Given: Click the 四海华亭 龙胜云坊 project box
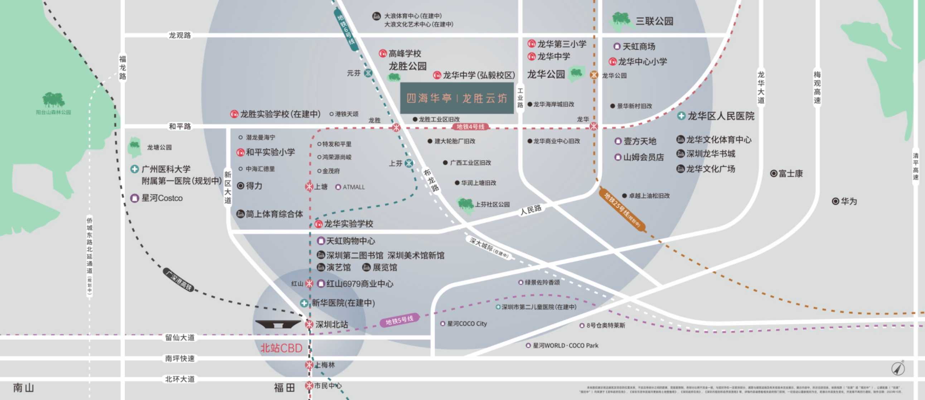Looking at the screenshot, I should (x=457, y=98).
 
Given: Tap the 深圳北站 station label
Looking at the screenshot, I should (x=331, y=324).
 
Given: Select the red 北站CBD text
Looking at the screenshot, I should (x=281, y=348).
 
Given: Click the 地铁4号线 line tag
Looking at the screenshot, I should (x=470, y=127).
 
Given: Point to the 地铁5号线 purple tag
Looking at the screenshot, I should (x=399, y=320).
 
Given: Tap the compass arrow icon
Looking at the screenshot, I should (x=899, y=369).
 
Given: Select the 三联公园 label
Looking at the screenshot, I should (x=654, y=21).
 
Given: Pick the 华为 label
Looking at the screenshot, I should (x=848, y=201).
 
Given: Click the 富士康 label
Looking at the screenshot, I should (x=790, y=174).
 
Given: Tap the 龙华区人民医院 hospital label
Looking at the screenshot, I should (x=720, y=116).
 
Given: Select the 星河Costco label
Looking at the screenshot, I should (x=161, y=198).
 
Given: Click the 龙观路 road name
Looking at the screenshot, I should (x=180, y=35).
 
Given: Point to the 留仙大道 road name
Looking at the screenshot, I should (x=180, y=337).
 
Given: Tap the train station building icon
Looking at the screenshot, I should (x=278, y=324).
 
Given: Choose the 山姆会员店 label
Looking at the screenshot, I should (x=643, y=157).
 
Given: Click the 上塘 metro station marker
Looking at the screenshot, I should (x=309, y=186).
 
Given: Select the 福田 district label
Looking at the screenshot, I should (x=284, y=387).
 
